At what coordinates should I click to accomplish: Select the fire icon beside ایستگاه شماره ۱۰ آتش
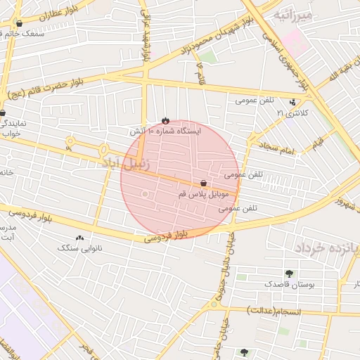(165, 120)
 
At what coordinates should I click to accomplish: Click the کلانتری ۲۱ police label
(292, 112)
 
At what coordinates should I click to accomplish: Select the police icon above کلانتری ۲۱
(292, 102)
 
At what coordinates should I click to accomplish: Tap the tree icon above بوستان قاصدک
(289, 274)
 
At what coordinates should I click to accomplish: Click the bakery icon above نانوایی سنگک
(79, 238)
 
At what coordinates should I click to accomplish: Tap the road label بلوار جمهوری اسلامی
(285, 59)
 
